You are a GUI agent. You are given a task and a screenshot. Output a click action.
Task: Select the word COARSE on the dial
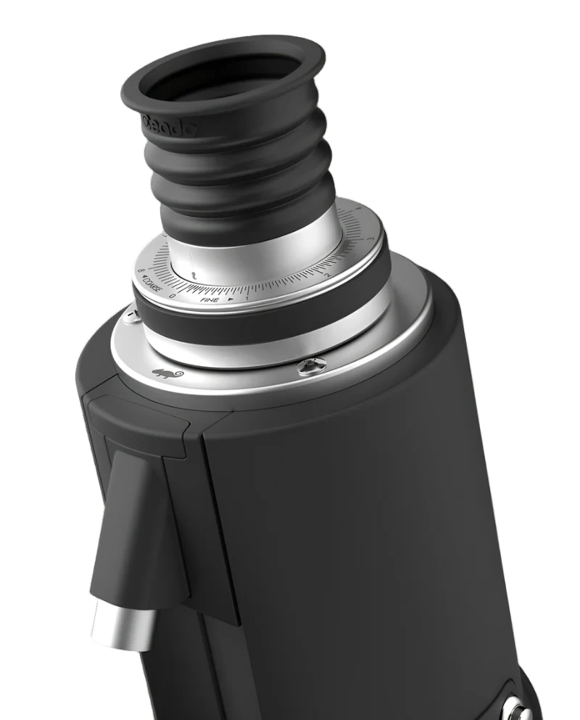click(154, 284)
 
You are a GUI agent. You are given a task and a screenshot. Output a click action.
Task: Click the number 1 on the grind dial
click(247, 297)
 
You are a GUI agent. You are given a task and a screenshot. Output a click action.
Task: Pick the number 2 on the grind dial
click(327, 276)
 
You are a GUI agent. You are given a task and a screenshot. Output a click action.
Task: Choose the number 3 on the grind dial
click(370, 239)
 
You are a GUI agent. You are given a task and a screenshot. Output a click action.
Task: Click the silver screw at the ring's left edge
click(129, 314)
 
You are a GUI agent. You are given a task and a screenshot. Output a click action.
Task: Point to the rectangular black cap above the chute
click(138, 428)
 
